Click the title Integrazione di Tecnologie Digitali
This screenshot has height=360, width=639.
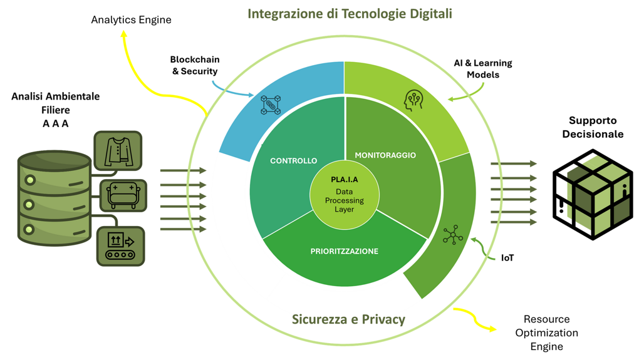tap(350, 14)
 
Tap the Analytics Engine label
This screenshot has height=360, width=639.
tap(131, 20)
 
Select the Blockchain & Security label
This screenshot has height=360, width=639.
tap(195, 66)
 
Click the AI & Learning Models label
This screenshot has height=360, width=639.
tap(483, 69)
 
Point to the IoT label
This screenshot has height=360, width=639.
tap(507, 257)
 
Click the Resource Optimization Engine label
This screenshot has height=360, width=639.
tap(546, 332)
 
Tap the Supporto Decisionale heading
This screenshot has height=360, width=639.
tap(593, 127)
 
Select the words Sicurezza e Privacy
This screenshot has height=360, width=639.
tap(348, 319)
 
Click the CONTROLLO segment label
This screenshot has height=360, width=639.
tap(293, 161)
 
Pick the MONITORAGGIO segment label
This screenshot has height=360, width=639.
tap(385, 155)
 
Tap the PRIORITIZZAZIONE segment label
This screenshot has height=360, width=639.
tap(345, 252)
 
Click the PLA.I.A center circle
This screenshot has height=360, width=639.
tap(345, 194)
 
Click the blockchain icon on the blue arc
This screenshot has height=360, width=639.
tap(271, 105)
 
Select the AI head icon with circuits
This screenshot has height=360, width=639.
tap(413, 101)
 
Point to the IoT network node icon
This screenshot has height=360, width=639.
tap(452, 235)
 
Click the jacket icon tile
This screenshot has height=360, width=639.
tap(118, 151)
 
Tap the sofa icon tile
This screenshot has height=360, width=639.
tap(123, 195)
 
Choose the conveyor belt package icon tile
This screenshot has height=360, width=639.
tap(121, 245)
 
